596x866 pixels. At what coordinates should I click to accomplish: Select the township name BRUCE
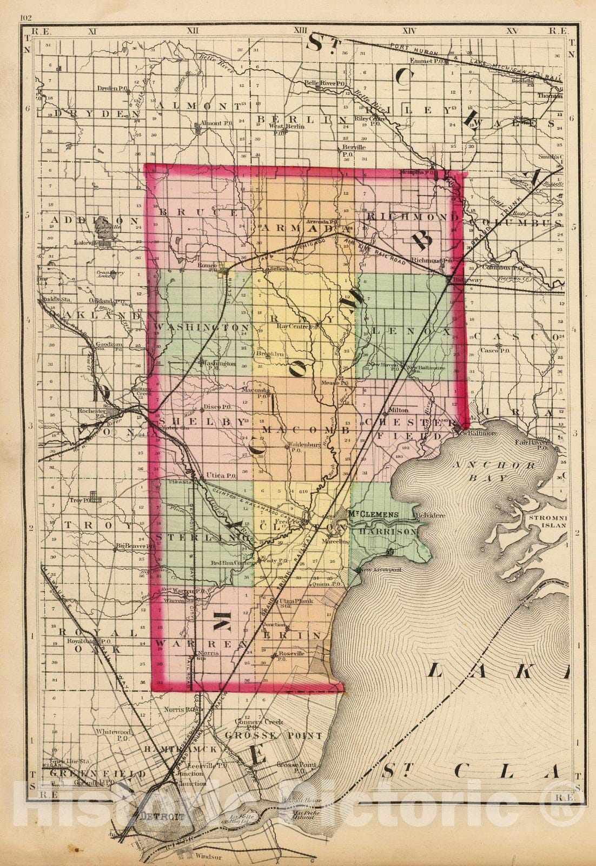coord(197,212)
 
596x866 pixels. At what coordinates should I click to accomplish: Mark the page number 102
coord(25,18)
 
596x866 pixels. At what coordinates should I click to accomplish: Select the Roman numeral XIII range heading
coord(301,31)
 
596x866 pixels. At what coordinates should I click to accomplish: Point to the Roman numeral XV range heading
coord(511,31)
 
